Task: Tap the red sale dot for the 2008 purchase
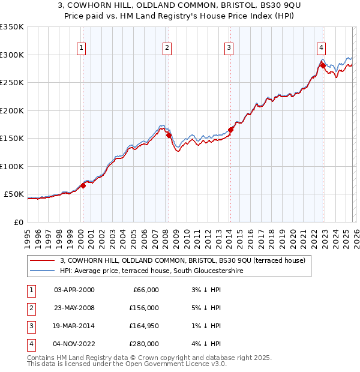[x=169, y=135]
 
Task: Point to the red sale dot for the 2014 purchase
[x=230, y=130]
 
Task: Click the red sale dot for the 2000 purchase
[x=83, y=185]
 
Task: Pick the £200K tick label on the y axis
[x=12, y=110]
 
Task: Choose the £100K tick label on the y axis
[x=12, y=166]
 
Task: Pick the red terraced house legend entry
[x=183, y=260]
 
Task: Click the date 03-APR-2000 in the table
[x=74, y=290]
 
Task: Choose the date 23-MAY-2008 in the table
[x=74, y=308]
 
